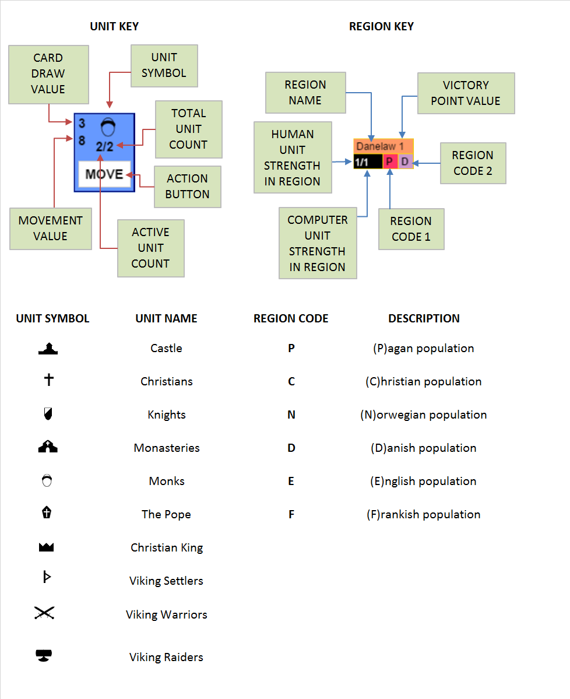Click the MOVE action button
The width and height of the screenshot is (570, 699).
pyautogui.click(x=104, y=174)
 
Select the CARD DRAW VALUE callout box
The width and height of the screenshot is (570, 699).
pyautogui.click(x=48, y=73)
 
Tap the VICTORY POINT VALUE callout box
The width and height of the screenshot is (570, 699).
pyautogui.click(x=465, y=93)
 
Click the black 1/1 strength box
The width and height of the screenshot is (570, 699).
pyautogui.click(x=368, y=161)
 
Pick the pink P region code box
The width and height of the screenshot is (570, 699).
pyautogui.click(x=390, y=161)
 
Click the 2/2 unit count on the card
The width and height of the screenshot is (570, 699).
pyautogui.click(x=105, y=147)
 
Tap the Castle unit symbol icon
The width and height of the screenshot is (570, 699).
pyautogui.click(x=48, y=349)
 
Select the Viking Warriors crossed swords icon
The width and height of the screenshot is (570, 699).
pyautogui.click(x=44, y=613)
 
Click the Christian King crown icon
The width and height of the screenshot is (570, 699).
pyautogui.click(x=45, y=547)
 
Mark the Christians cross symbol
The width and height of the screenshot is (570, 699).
pyautogui.click(x=49, y=380)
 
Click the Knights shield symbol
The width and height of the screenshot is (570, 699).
pyautogui.click(x=48, y=415)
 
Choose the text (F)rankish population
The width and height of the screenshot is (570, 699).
pyautogui.click(x=424, y=514)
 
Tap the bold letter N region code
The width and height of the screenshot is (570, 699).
pyautogui.click(x=291, y=415)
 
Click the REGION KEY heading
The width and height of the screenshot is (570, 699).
pyautogui.click(x=381, y=26)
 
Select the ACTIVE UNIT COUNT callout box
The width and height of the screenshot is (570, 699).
pyautogui.click(x=150, y=248)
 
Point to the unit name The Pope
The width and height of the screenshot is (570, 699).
pyautogui.click(x=166, y=514)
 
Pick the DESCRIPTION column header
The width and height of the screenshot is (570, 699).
pyautogui.click(x=424, y=318)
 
